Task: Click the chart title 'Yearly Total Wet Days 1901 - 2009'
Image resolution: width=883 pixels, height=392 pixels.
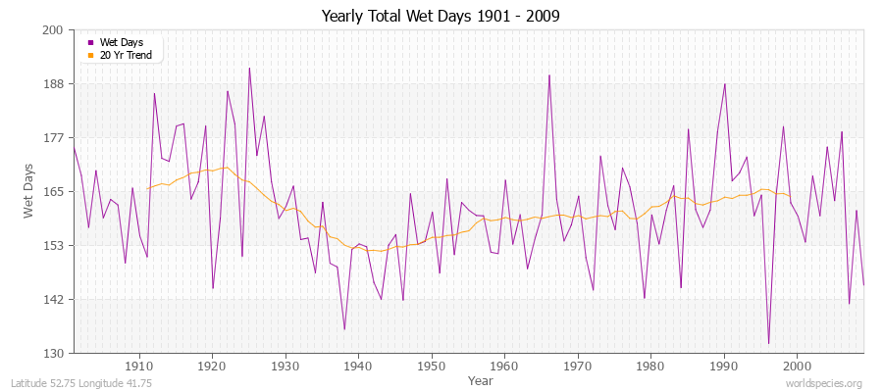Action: [441, 17]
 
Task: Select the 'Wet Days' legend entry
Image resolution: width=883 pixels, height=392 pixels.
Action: [121, 42]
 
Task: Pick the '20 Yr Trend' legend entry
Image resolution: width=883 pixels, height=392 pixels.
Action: [126, 55]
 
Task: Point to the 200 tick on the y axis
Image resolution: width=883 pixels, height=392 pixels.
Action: [53, 30]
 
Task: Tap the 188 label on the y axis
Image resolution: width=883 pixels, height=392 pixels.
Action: [53, 84]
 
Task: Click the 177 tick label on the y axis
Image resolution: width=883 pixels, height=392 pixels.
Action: [53, 138]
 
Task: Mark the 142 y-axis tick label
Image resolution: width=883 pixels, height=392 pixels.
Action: [53, 299]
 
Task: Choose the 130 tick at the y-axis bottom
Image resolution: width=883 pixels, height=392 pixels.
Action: [53, 353]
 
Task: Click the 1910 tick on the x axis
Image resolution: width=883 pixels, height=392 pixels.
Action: [138, 367]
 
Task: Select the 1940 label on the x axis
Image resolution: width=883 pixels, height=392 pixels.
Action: [358, 367]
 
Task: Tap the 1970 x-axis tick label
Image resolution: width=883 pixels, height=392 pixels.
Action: [578, 367]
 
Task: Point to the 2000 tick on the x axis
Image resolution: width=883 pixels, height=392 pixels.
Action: [798, 367]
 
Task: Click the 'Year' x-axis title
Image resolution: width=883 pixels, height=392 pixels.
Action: [480, 379]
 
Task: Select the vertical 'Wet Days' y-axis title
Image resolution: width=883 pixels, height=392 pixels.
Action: [29, 191]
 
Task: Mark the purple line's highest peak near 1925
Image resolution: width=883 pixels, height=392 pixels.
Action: [249, 68]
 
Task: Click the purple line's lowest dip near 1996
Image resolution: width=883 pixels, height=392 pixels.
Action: [768, 343]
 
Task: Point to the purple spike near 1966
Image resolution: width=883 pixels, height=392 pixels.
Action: [549, 74]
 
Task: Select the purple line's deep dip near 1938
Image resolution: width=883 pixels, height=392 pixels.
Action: [344, 329]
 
